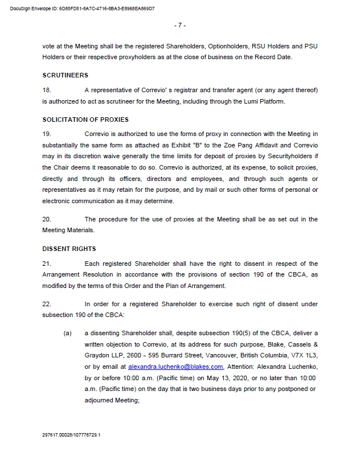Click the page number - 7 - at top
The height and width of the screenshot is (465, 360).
(x=179, y=26)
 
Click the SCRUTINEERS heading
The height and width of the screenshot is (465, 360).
(x=65, y=75)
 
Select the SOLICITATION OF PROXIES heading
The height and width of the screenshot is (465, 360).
(x=85, y=120)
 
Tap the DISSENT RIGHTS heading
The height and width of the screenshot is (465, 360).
(x=69, y=249)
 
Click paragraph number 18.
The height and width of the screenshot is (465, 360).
(x=47, y=90)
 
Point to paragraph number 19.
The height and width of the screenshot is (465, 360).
(x=47, y=134)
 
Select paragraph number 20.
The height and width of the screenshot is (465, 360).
(x=47, y=219)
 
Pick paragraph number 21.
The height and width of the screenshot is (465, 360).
(x=47, y=264)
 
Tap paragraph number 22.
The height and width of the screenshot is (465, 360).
(x=47, y=304)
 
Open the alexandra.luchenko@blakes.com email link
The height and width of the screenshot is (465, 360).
(x=175, y=367)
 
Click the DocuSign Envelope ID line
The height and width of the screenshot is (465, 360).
(x=83, y=9)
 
